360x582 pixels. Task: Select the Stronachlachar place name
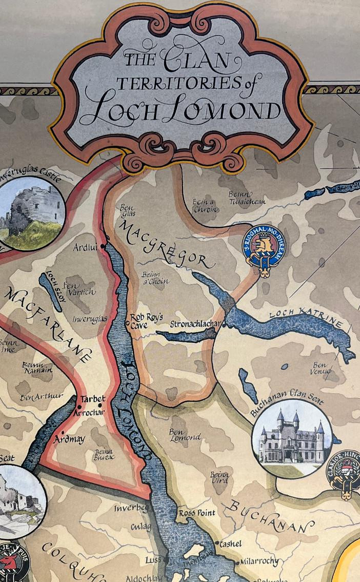195,324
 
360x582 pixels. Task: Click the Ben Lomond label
185,434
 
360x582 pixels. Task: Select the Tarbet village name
93,399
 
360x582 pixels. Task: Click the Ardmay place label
70,439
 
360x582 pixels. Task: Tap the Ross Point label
194,513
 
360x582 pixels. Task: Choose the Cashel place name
230,544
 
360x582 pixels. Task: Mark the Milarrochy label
259,561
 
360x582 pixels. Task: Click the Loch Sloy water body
50,291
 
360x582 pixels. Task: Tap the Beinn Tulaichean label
248,198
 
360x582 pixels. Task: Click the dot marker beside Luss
166,559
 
